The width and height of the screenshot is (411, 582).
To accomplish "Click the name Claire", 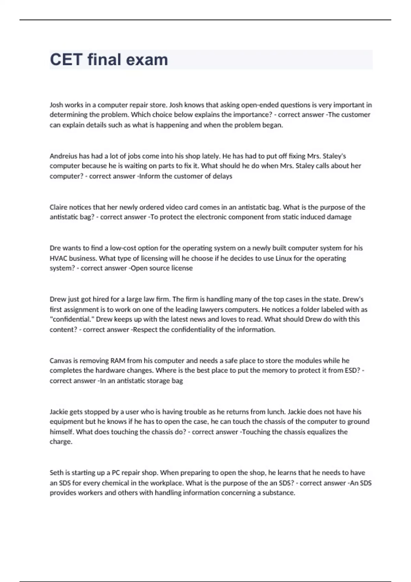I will (59, 207).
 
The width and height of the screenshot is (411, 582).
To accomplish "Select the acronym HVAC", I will (59, 258).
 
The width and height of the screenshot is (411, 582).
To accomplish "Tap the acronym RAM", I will (118, 360).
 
